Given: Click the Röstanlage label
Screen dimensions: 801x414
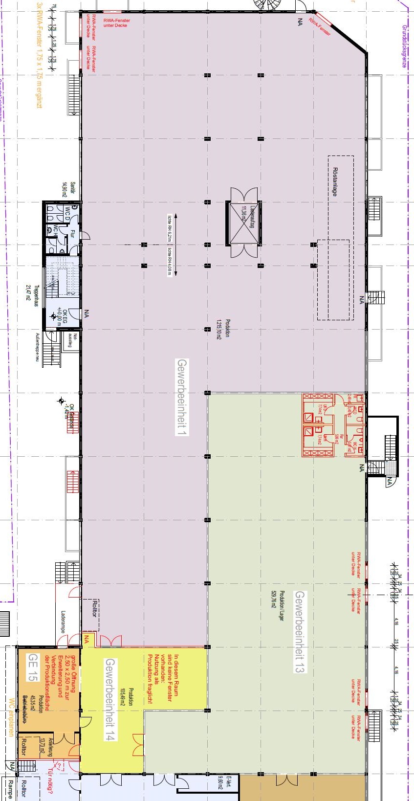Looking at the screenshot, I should (x=335, y=182).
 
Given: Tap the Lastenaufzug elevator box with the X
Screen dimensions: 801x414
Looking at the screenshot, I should (x=243, y=223).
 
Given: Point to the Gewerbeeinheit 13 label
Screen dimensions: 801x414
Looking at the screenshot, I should (x=299, y=632).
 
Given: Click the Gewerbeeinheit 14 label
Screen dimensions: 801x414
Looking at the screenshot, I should (x=110, y=699).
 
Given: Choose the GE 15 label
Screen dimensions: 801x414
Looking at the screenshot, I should (x=32, y=667).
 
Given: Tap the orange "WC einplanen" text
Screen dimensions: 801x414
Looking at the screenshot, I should (x=10, y=716).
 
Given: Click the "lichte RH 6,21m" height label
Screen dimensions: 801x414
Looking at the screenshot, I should (x=169, y=228).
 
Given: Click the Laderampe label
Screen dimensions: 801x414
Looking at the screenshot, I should (x=63, y=622).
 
